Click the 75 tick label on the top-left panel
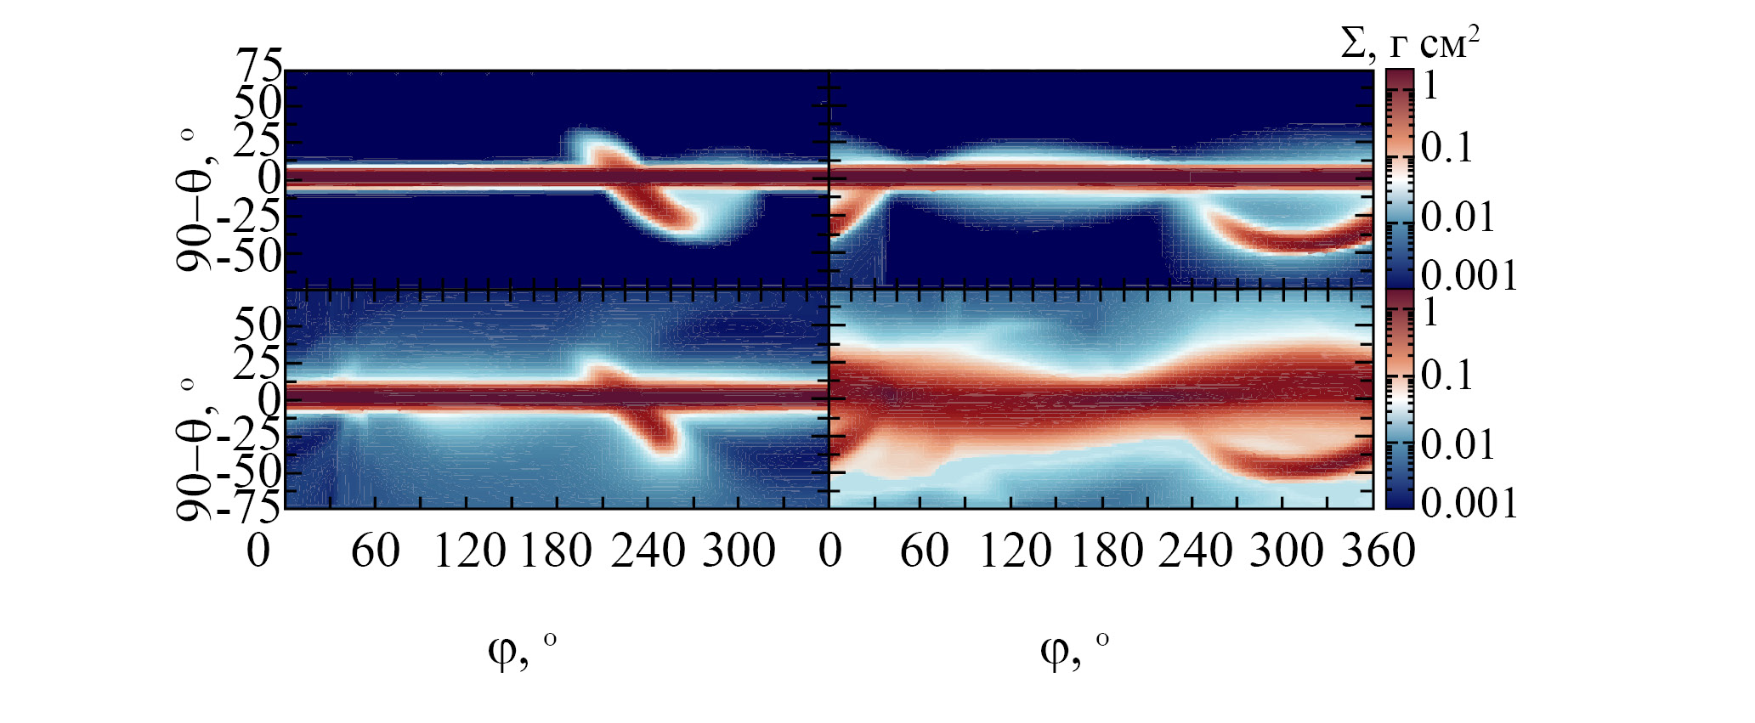(x=259, y=65)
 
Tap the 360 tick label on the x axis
(x=1379, y=551)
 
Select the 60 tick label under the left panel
(x=375, y=551)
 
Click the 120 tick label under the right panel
(x=1016, y=551)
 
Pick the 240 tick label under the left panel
(x=648, y=551)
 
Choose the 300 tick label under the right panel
(x=1287, y=551)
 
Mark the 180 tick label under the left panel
(x=556, y=551)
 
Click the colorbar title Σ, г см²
(x=1410, y=42)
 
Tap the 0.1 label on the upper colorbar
(x=1447, y=148)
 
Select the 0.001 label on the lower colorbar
(x=1469, y=503)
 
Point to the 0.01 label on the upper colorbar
(x=1458, y=217)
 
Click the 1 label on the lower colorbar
(x=1430, y=313)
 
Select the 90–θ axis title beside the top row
(x=194, y=201)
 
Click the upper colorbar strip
(x=1400, y=178)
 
